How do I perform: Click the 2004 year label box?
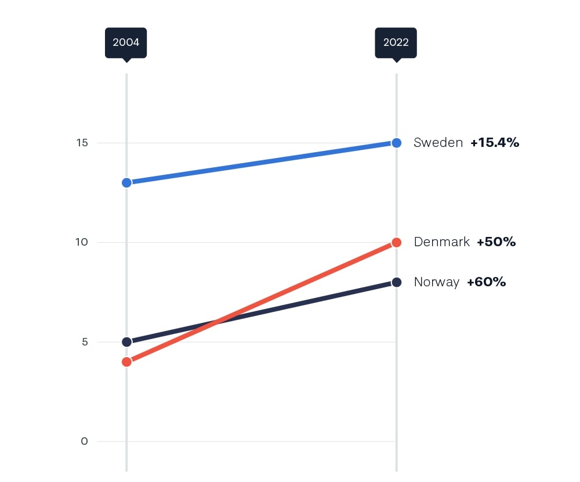click(126, 42)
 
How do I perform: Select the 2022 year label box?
click(396, 42)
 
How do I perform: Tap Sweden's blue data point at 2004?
click(126, 182)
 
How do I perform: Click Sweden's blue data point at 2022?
click(396, 143)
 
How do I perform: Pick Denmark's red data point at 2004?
click(126, 362)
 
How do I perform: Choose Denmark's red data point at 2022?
click(396, 242)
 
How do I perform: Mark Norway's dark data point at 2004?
click(126, 341)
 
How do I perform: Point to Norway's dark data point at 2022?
click(396, 282)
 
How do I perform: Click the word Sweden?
click(438, 143)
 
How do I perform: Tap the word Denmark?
click(441, 242)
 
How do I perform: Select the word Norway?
click(436, 282)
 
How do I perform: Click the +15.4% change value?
click(495, 143)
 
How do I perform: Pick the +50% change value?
click(496, 242)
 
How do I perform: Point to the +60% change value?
click(486, 282)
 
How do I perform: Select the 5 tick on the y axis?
click(85, 341)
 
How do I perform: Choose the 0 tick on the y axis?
click(85, 441)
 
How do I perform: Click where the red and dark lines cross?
click(216, 322)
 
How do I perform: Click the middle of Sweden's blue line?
click(261, 163)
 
